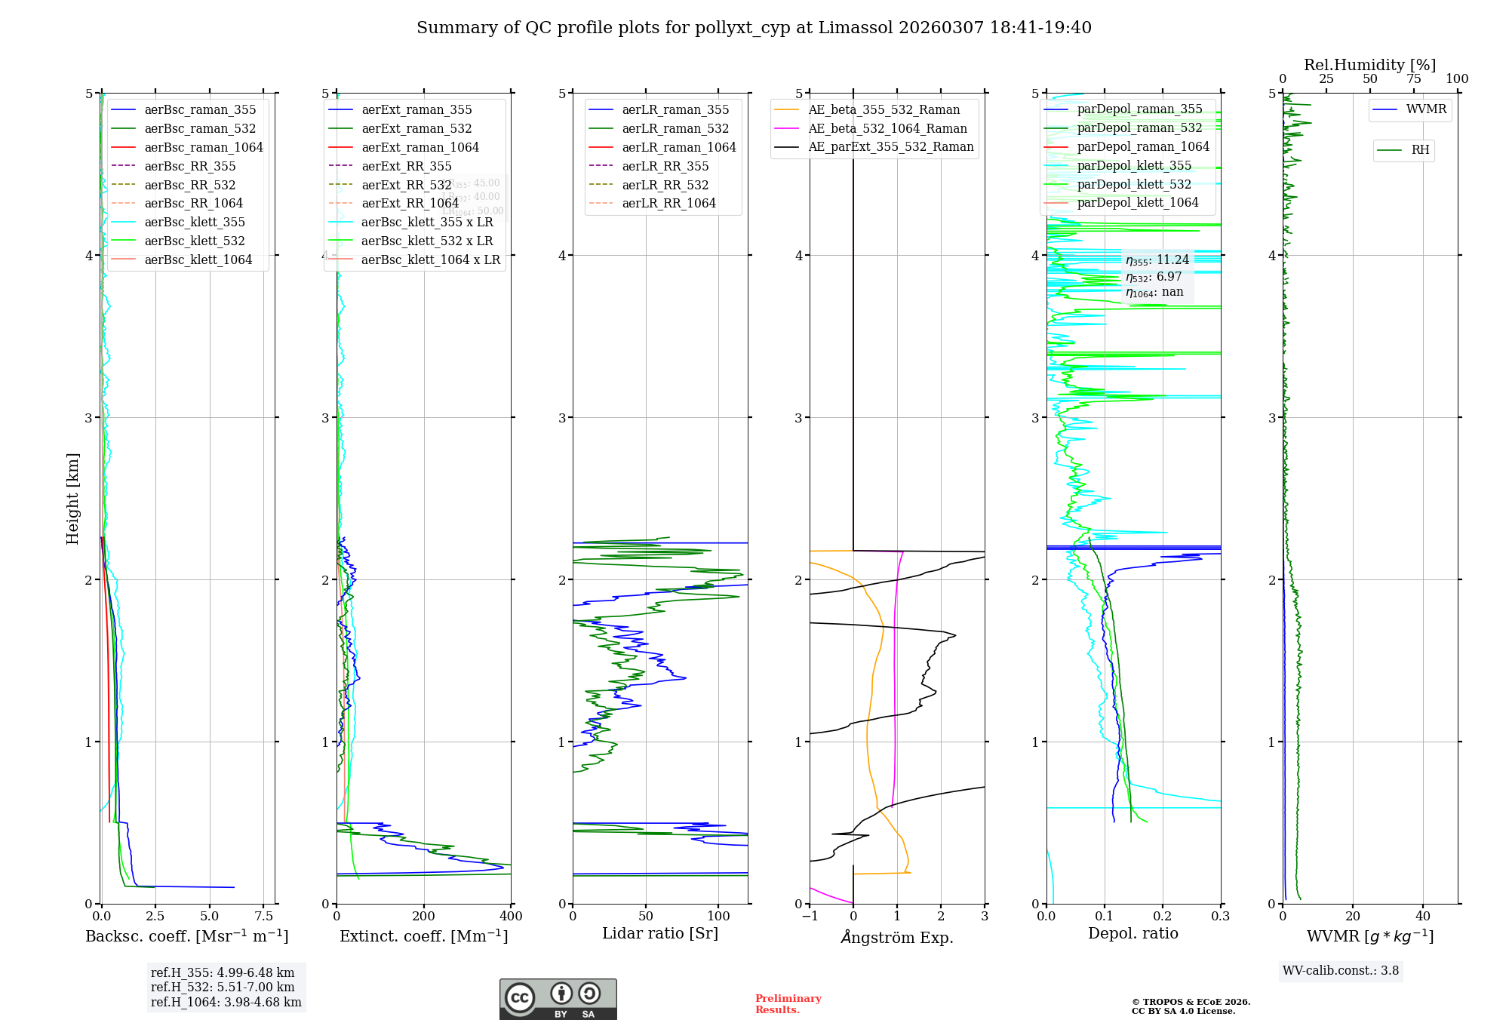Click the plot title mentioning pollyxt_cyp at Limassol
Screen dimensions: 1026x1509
(754, 28)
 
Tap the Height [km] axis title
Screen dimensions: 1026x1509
(72, 499)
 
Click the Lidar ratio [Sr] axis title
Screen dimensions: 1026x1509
(660, 933)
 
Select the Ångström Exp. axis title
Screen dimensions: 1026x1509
(897, 937)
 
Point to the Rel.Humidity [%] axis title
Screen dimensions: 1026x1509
(1369, 65)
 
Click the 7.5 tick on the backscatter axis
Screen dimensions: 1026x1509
(263, 917)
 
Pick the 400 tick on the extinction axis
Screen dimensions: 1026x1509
(512, 917)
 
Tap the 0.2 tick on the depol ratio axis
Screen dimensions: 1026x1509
(1163, 917)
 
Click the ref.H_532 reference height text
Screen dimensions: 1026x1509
(223, 987)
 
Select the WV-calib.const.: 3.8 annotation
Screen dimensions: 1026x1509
(1341, 971)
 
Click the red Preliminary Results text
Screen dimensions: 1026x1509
(788, 1004)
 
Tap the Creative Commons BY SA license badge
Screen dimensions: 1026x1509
(558, 1000)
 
